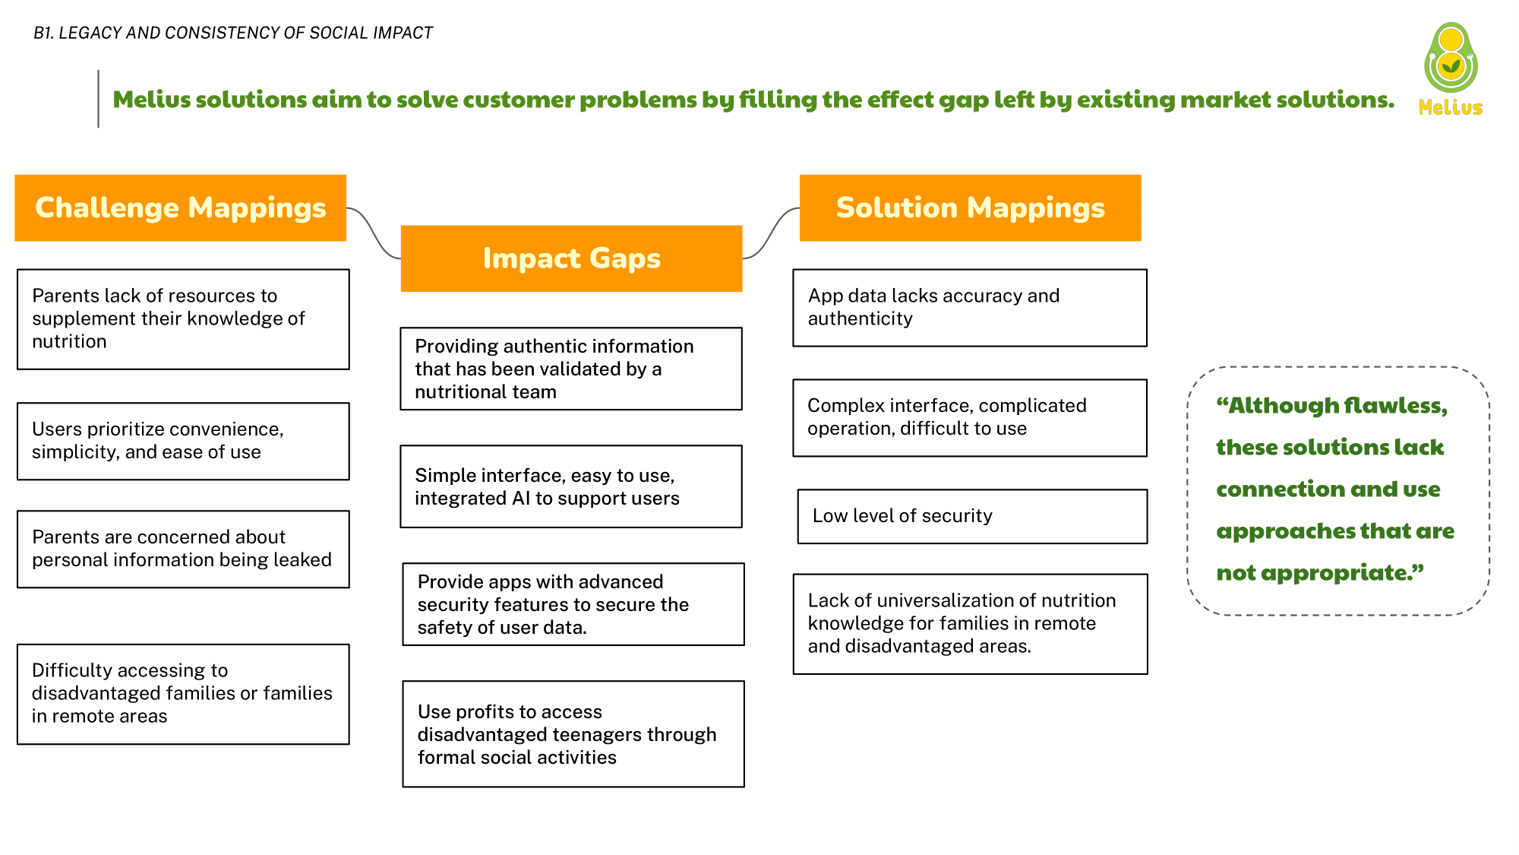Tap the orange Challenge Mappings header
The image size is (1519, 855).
pos(181,208)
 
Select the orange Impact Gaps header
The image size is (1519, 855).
pos(571,258)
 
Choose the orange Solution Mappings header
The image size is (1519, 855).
pos(970,208)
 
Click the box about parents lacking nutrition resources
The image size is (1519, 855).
pos(183,319)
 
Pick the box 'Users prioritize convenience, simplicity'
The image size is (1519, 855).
pos(183,441)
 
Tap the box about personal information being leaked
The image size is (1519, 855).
pos(183,549)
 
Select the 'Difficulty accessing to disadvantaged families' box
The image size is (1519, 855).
pos(183,694)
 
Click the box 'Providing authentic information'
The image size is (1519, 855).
pos(571,369)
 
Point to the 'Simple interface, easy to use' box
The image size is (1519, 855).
pos(571,486)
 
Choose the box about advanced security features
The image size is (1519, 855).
pos(573,604)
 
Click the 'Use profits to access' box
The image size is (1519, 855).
pos(573,734)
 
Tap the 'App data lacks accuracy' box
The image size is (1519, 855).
pos(970,308)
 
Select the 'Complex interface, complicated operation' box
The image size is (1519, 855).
pos(970,418)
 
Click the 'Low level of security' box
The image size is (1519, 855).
pos(972,516)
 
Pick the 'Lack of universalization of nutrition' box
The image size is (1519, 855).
pos(970,624)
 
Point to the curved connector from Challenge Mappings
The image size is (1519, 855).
pos(374,232)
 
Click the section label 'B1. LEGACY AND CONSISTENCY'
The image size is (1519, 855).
pos(232,33)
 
